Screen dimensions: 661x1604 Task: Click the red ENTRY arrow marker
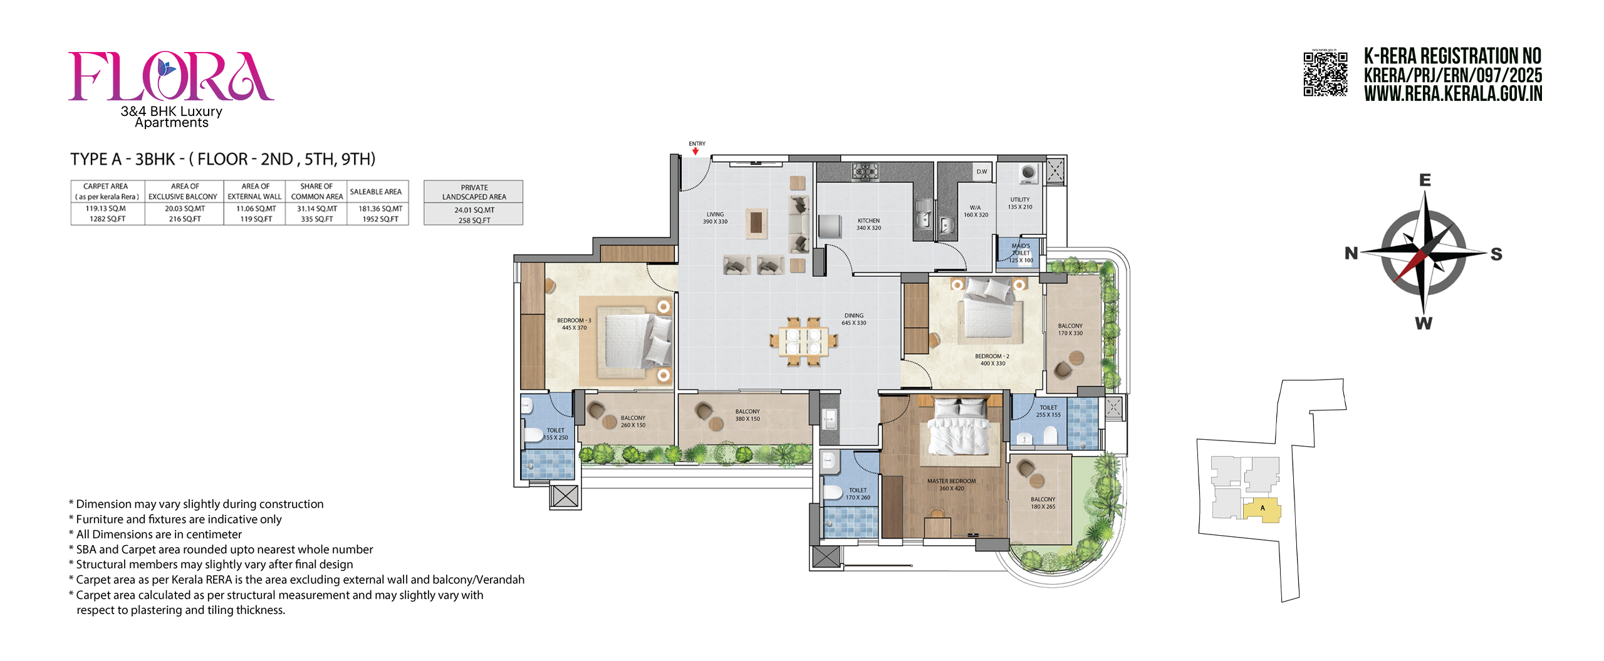click(695, 151)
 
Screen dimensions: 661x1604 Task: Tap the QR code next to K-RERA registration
click(1325, 74)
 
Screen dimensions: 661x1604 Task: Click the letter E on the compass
click(1425, 180)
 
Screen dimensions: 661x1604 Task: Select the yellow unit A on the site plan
click(1261, 509)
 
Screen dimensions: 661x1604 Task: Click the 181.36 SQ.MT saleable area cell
click(380, 209)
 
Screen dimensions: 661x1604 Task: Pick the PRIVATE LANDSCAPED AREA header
click(474, 192)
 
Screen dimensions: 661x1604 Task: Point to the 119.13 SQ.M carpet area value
click(106, 209)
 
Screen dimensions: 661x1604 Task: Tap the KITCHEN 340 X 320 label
click(868, 224)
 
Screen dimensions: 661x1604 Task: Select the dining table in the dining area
click(803, 341)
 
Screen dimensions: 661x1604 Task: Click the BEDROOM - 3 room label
click(574, 323)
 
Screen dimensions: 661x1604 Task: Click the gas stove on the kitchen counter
click(865, 171)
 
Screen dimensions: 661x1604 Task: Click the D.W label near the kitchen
click(981, 172)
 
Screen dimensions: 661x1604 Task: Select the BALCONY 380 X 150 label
click(747, 415)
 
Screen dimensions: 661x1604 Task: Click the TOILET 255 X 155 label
click(1048, 411)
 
